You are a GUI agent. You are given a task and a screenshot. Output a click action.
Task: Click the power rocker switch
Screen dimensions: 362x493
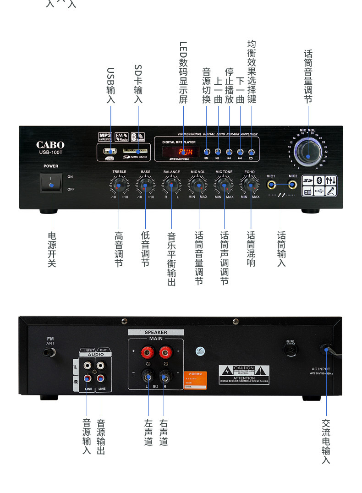tap(51, 183)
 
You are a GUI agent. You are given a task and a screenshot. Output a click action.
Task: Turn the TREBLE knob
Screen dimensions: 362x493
tap(119, 185)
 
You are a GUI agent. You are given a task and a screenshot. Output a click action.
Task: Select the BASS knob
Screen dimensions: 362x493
tap(145, 185)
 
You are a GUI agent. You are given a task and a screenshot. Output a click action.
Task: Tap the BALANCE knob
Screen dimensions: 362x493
tap(171, 185)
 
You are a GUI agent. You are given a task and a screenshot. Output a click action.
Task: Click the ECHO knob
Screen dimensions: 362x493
tap(250, 185)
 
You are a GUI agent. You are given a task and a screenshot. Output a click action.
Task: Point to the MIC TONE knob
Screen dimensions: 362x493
tap(224, 185)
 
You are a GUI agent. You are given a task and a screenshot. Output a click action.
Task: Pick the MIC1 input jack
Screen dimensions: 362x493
tap(272, 185)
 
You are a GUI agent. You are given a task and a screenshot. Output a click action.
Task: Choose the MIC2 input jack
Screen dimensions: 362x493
tap(292, 185)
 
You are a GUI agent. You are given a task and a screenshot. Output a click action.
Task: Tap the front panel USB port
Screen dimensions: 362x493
tap(110, 151)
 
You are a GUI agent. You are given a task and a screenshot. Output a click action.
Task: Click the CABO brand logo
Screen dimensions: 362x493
tap(50, 145)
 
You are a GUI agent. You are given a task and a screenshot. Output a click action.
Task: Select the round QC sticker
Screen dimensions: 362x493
tap(200, 351)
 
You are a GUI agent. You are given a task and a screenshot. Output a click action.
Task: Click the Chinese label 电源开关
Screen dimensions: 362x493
tap(52, 249)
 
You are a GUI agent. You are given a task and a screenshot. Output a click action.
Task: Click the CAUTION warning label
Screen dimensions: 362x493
tap(244, 374)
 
